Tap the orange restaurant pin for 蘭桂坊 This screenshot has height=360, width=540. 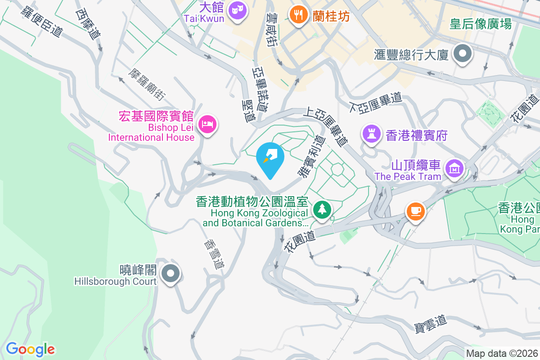[297, 15]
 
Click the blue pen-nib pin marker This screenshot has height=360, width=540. [270, 157]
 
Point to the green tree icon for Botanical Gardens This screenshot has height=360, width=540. [322, 209]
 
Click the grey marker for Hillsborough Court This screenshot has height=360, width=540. [171, 273]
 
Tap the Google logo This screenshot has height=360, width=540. [30, 349]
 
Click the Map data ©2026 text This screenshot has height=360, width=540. [502, 354]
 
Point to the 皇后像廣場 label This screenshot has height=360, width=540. [481, 24]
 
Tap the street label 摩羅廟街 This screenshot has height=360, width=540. [147, 84]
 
